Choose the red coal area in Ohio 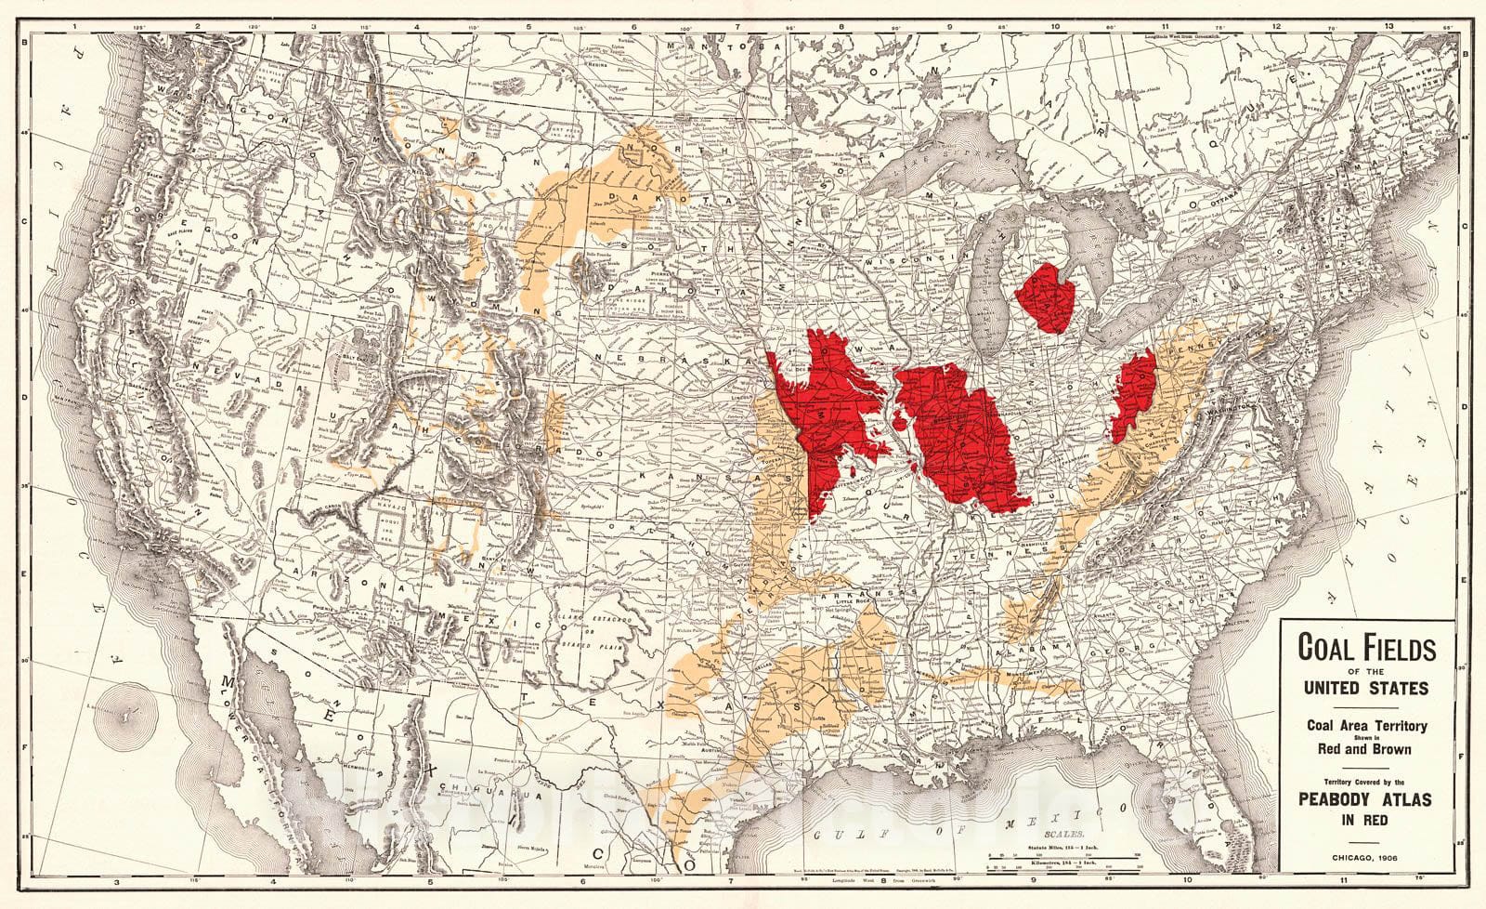pos(1134,390)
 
